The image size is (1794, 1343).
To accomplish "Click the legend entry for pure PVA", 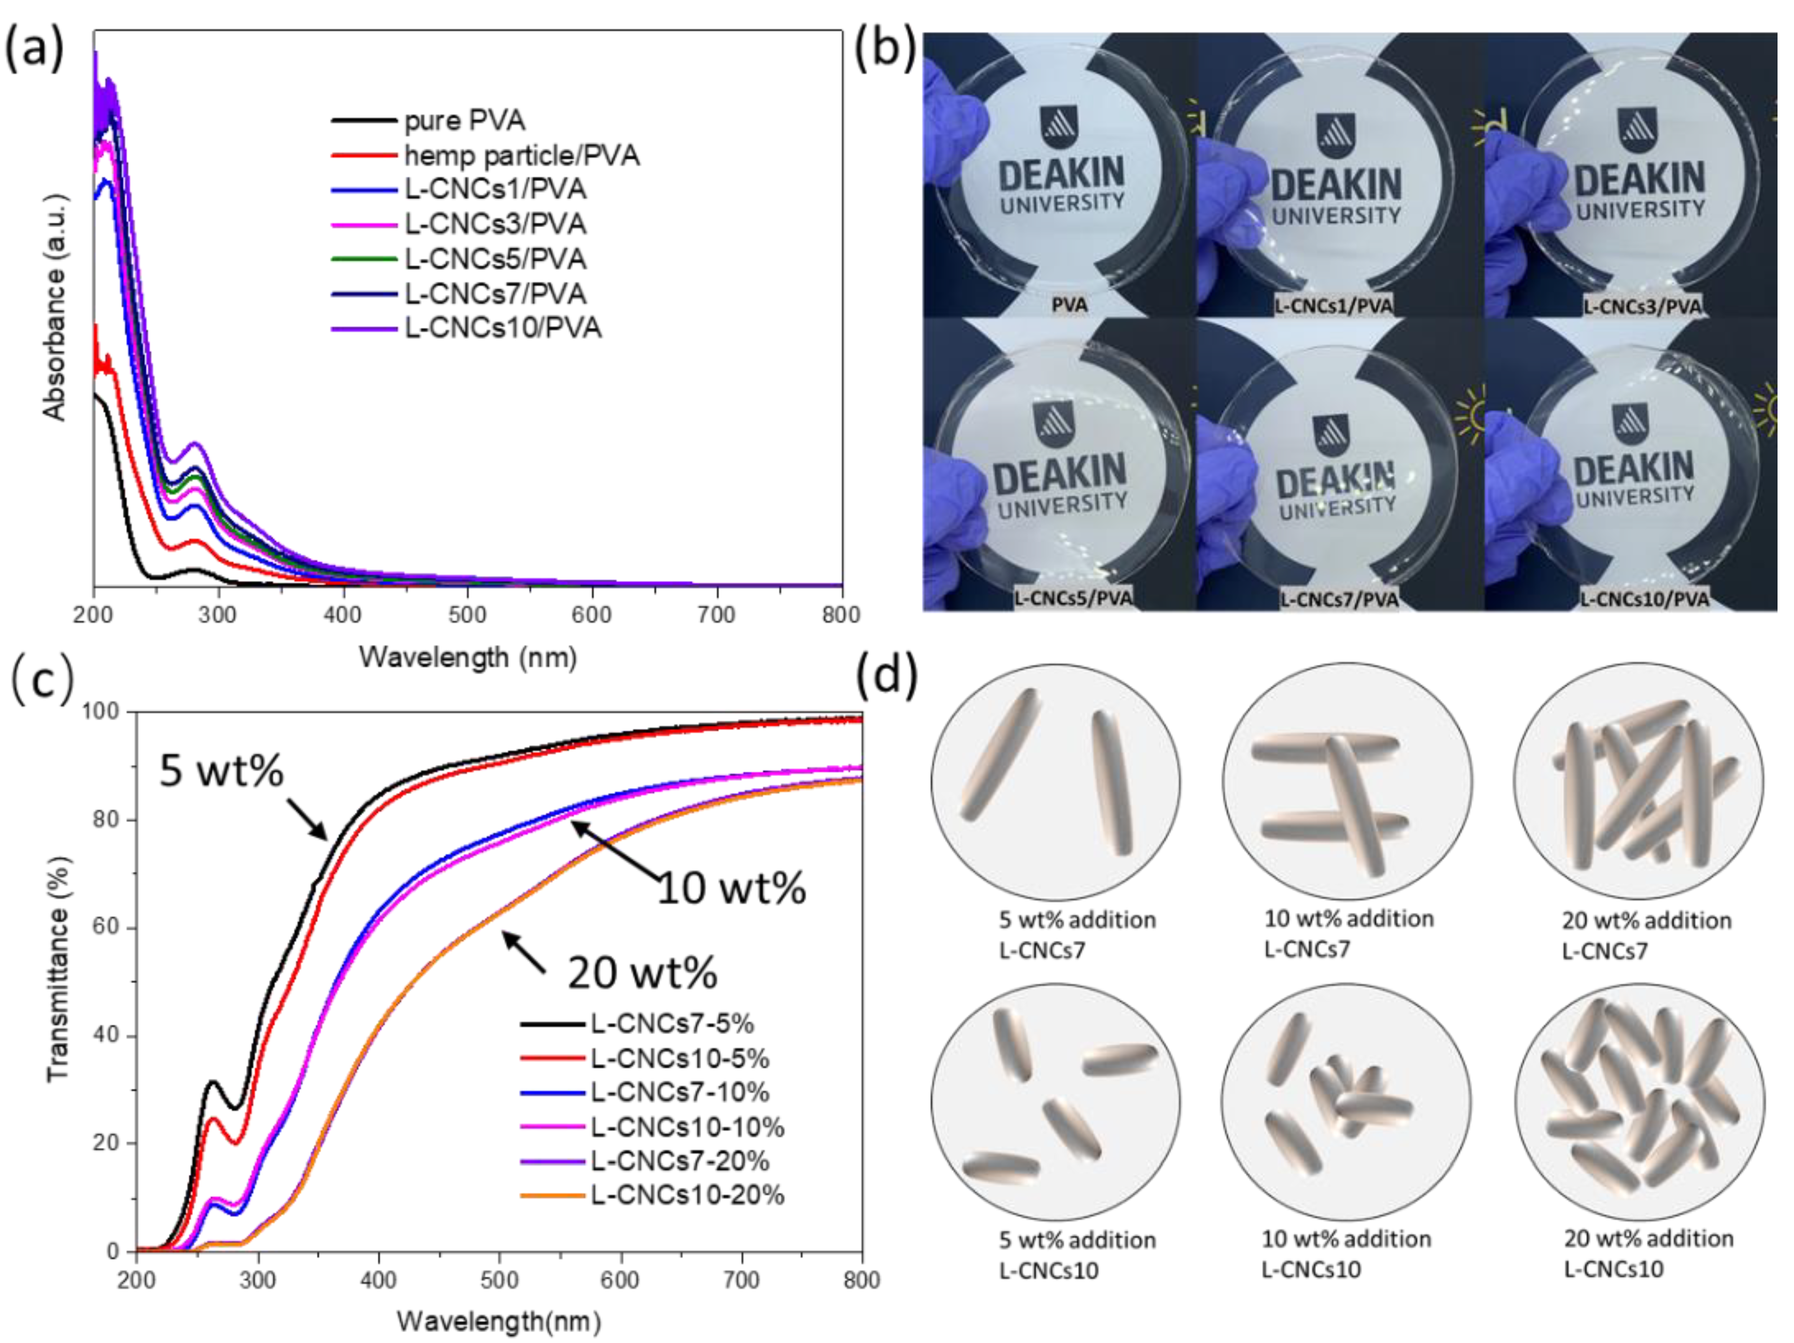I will pos(464,121).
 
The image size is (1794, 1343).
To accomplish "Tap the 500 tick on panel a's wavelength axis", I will pos(467,615).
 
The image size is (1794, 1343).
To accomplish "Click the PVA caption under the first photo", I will pos(1069,305).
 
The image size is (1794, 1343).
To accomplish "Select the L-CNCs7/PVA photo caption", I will pos(1339,599).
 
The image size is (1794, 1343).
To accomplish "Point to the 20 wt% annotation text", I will pos(642,972).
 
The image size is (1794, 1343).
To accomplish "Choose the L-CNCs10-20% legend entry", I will pos(686,1195).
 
